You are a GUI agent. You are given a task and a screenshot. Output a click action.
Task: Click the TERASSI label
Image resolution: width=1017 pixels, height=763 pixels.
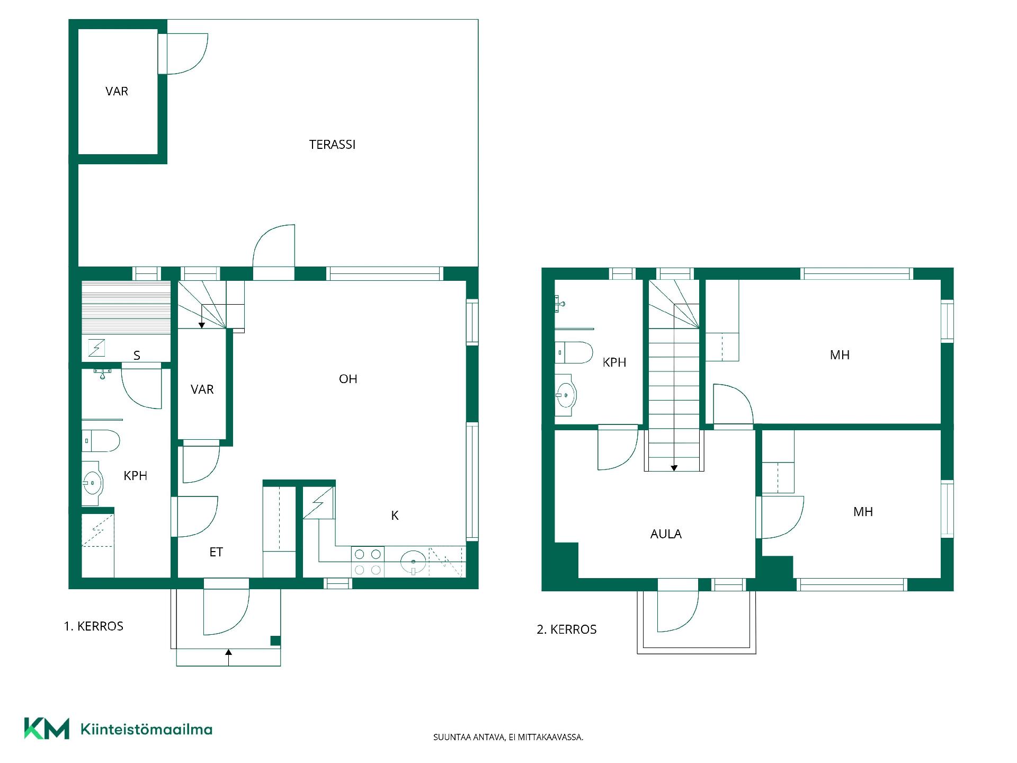coord(332,145)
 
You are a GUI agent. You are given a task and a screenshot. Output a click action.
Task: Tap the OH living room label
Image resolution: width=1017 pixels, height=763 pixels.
coord(348,379)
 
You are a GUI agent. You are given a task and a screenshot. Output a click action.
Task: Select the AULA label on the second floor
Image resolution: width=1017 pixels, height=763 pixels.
coord(666,534)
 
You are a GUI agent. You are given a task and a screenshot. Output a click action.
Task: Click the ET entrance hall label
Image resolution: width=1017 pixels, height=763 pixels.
coord(216,552)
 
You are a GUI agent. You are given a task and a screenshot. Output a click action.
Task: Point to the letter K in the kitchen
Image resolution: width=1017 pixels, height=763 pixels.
coord(395,516)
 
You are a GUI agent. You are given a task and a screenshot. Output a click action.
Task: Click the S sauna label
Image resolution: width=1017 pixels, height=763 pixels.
coord(137,356)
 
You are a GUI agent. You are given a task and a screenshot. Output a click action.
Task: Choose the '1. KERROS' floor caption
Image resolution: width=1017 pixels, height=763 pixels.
coord(94,626)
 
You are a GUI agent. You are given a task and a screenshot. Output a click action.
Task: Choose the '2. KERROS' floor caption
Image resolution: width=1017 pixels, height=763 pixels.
coord(567,629)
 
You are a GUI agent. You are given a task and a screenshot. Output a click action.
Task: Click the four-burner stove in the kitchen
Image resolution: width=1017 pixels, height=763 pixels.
coord(368,562)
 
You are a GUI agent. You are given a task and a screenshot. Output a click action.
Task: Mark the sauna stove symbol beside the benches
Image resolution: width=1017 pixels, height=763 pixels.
coord(96,348)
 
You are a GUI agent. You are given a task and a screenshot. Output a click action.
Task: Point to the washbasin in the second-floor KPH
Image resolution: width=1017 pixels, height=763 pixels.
coord(566,395)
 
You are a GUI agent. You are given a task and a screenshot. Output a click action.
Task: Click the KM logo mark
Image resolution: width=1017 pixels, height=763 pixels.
coord(47,729)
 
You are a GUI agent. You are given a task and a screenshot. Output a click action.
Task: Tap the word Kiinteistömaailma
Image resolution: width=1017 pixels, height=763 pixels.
coord(146,729)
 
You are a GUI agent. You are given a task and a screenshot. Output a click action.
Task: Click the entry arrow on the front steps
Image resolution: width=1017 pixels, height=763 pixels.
coord(229,657)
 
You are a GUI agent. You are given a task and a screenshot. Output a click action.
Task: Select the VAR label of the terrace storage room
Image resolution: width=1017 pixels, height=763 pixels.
coord(117,91)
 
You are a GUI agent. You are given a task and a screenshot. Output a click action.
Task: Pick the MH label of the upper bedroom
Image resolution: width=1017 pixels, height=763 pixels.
coord(840,355)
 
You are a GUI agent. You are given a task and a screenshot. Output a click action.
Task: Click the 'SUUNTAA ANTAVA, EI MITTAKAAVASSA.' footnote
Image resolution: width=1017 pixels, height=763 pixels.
coord(508,737)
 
